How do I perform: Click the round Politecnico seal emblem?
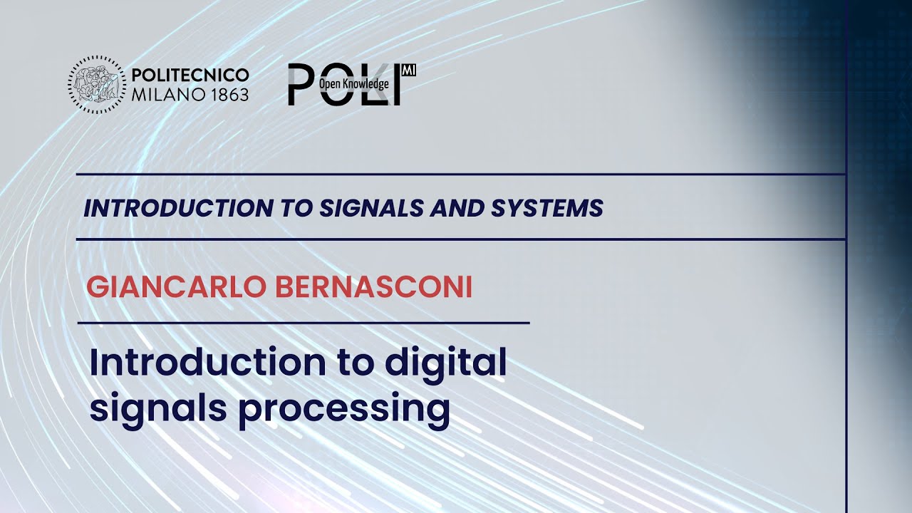pos(97,85)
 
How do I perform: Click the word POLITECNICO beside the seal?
pos(190,75)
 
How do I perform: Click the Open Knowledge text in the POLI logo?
pos(354,84)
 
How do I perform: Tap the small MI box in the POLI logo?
pos(409,71)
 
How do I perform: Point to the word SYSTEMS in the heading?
pos(547,209)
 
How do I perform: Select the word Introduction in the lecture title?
pos(207,363)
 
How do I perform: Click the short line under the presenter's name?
pos(304,323)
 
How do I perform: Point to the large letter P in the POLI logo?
pos(302,84)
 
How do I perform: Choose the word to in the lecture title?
pos(355,363)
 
